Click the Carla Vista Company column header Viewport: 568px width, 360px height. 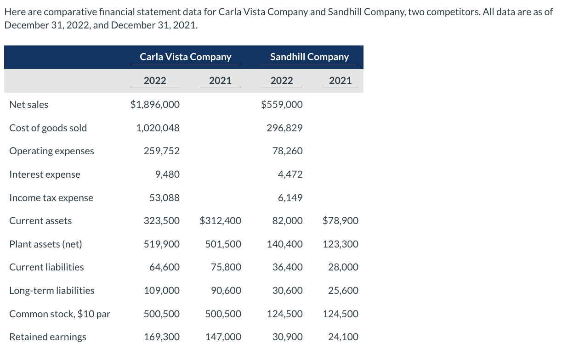pyautogui.click(x=185, y=57)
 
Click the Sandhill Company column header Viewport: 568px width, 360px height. pyautogui.click(x=309, y=57)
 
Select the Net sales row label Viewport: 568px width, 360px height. pyautogui.click(x=28, y=105)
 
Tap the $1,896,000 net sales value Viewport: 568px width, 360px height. pyautogui.click(x=155, y=105)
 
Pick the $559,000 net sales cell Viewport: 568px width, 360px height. pyautogui.click(x=282, y=105)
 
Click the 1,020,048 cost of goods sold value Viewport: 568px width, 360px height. pyautogui.click(x=158, y=128)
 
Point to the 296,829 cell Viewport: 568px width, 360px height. pyautogui.click(x=284, y=128)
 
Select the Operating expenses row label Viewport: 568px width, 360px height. pyautogui.click(x=51, y=151)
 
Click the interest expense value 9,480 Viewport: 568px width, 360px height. pyautogui.click(x=167, y=174)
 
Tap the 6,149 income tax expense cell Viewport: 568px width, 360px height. pyautogui.click(x=290, y=198)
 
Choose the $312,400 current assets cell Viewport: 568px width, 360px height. pyautogui.click(x=220, y=221)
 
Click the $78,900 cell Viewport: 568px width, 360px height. pyautogui.click(x=341, y=221)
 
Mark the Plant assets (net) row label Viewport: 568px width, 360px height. pyautogui.click(x=45, y=244)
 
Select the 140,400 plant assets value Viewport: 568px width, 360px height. pyautogui.click(x=284, y=244)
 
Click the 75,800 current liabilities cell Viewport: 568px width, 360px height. pyautogui.click(x=226, y=267)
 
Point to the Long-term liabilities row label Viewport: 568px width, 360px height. pyautogui.click(x=52, y=291)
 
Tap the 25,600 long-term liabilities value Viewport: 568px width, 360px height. pyautogui.click(x=343, y=291)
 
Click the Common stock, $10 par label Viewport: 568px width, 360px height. pyautogui.click(x=60, y=314)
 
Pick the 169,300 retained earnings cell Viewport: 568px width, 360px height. pyautogui.click(x=162, y=337)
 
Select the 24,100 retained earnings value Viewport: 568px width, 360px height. pyautogui.click(x=343, y=337)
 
